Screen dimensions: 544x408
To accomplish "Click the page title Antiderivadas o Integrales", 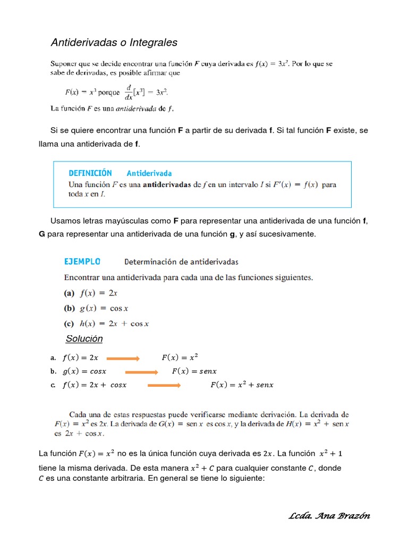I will [114, 42].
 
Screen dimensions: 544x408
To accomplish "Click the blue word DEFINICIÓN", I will [90, 173].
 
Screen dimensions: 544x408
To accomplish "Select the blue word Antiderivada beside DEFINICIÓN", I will [149, 173].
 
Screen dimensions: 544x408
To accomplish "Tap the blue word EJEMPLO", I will [82, 261].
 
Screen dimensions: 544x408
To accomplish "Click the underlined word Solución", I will [84, 339].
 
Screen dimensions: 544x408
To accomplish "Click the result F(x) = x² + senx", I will [242, 385].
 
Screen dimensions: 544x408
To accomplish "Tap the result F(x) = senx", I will [194, 371].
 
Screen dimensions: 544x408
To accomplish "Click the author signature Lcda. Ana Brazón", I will [329, 516].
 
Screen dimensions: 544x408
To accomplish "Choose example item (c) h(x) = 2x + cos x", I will [106, 324].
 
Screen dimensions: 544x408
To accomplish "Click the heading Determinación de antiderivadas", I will [181, 261].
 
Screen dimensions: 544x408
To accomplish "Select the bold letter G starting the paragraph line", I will [42, 234].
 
